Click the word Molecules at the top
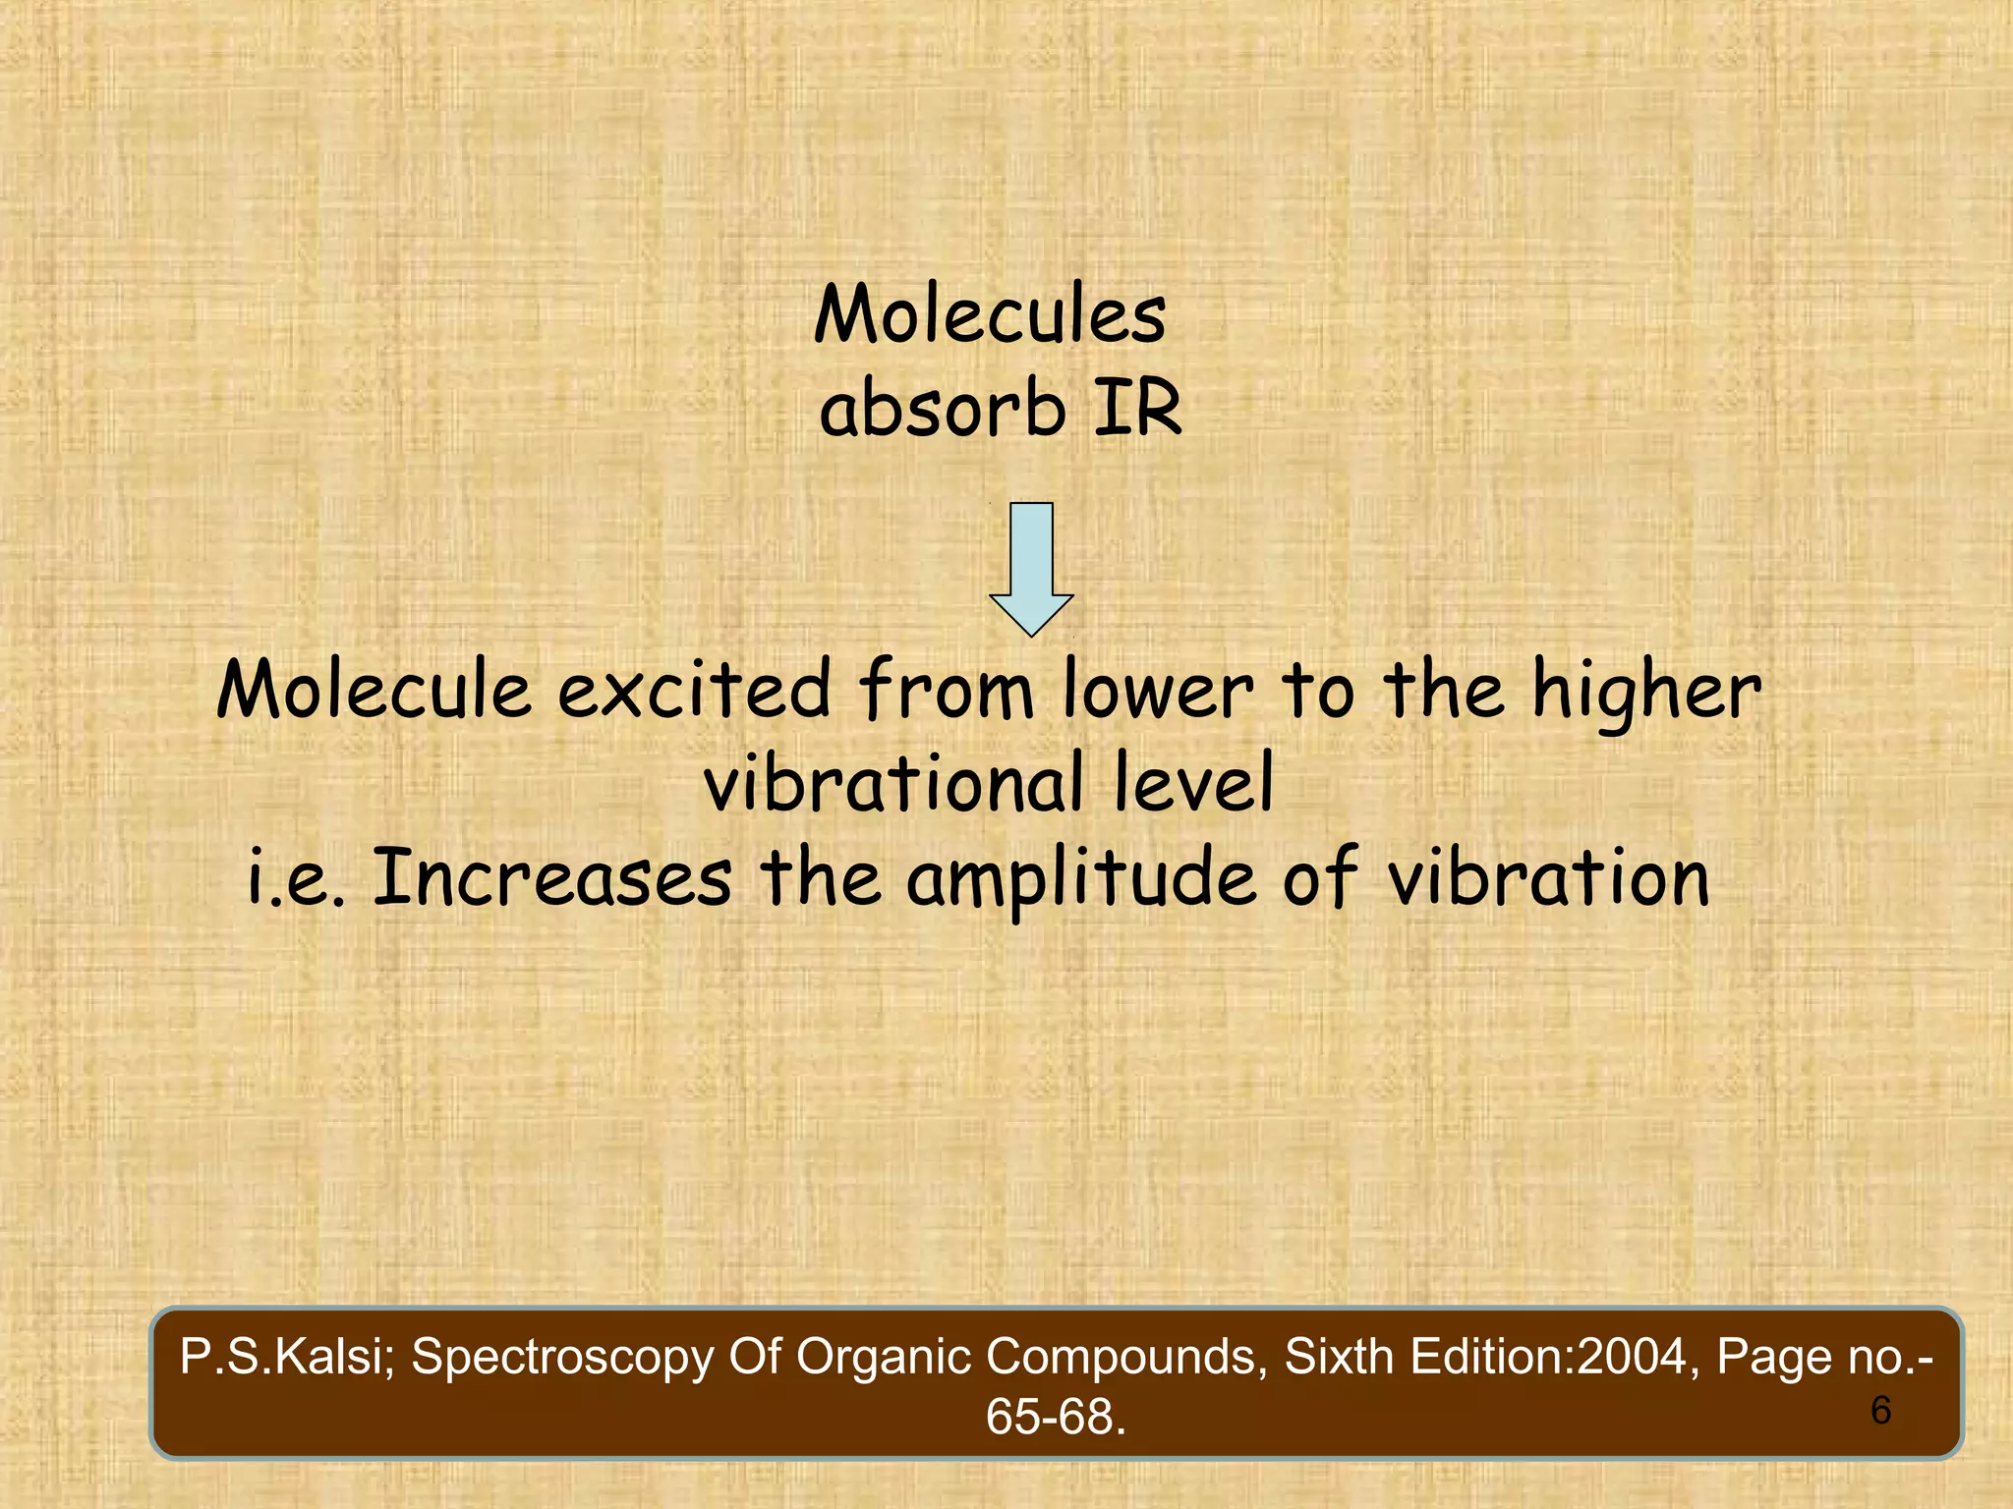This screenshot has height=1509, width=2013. click(990, 313)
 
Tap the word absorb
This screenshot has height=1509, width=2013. click(942, 409)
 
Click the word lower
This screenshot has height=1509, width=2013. click(1158, 690)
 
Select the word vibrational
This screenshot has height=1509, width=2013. click(893, 783)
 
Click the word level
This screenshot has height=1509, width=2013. click(1193, 783)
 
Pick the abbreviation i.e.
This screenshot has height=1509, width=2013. click(296, 877)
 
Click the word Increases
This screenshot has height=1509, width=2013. click(552, 877)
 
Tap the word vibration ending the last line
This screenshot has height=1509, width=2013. click(1548, 877)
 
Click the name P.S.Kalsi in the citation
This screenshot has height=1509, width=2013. click(286, 1357)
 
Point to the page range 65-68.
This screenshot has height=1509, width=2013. click(1055, 1417)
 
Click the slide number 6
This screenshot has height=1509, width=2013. click(1880, 1411)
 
